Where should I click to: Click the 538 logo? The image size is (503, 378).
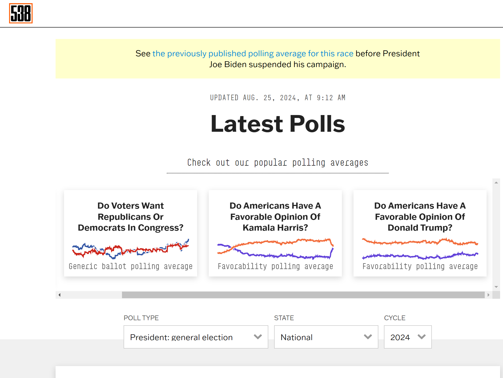pos(21,13)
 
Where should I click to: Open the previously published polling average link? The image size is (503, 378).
pos(253,54)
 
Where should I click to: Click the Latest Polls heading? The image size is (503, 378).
pos(278,124)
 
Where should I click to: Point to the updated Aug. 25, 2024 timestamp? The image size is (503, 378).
pos(278,98)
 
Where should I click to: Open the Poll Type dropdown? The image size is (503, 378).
pos(196,337)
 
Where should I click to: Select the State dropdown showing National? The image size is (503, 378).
pos(326,337)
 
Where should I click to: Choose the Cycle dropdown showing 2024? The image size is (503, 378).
pos(407,337)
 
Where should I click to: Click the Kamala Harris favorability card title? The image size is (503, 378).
pos(275,217)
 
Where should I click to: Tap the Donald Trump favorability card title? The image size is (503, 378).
pos(420,217)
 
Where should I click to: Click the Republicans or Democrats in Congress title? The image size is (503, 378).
pos(130,217)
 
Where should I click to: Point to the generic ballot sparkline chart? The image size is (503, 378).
pos(130,249)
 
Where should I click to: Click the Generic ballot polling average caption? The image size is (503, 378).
pos(130,266)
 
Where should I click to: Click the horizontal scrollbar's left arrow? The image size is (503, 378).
pos(60,295)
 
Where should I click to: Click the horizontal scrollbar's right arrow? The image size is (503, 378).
pos(488,295)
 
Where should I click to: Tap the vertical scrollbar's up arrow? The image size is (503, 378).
pos(496,182)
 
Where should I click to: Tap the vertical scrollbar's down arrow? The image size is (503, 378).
pos(496,287)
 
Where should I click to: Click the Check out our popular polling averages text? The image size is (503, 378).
pos(278,162)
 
